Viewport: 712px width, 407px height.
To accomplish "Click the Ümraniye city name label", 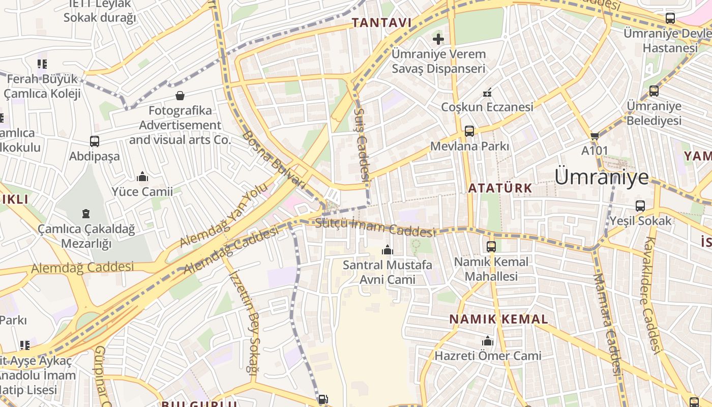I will pyautogui.click(x=601, y=177).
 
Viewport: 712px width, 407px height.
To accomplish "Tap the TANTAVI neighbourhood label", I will pyautogui.click(x=381, y=23).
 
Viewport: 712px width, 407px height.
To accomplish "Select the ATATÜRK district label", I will pyautogui.click(x=499, y=188).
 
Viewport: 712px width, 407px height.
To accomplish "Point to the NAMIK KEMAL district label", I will pyautogui.click(x=498, y=319).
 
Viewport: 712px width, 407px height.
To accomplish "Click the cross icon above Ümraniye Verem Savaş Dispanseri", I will pyautogui.click(x=438, y=39).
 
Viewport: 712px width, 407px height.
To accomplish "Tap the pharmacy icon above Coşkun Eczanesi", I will pyautogui.click(x=487, y=93).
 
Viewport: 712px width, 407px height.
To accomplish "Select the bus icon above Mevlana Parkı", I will pyautogui.click(x=469, y=131).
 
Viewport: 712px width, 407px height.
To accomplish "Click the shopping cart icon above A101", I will pyautogui.click(x=595, y=136).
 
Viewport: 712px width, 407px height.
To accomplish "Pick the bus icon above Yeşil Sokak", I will pyautogui.click(x=640, y=206).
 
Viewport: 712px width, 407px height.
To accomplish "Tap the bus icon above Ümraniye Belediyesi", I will pyautogui.click(x=654, y=92).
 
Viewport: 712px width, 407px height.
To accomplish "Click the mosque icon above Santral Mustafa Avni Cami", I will pyautogui.click(x=388, y=250).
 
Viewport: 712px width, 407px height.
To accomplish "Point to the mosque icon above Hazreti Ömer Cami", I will pyautogui.click(x=488, y=341).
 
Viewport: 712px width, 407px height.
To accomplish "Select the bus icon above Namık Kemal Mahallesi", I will pyautogui.click(x=491, y=247).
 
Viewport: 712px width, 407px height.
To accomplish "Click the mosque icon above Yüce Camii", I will pyautogui.click(x=142, y=177).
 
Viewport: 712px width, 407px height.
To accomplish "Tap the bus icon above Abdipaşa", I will pyautogui.click(x=95, y=141).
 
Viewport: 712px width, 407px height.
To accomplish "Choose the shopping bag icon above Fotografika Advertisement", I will pyautogui.click(x=180, y=96).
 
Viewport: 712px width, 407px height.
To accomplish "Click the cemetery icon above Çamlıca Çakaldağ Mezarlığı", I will pyautogui.click(x=86, y=214).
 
